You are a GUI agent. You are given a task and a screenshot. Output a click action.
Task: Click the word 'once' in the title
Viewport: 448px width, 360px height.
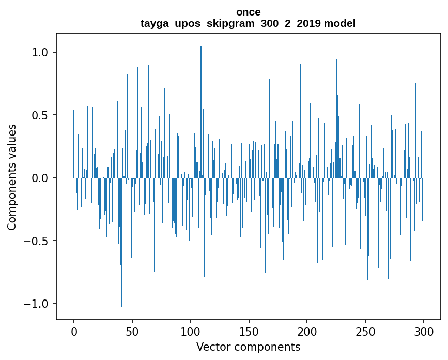[x=248, y=12]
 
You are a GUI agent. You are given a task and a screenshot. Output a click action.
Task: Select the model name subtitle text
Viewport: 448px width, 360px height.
[x=248, y=23]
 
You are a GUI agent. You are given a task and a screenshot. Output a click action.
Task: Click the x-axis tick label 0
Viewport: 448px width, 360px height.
[x=74, y=331]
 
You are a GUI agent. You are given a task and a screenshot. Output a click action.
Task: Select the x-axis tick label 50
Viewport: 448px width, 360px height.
[x=132, y=331]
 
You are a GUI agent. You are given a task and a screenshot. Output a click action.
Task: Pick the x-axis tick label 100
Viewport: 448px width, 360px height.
[x=191, y=331]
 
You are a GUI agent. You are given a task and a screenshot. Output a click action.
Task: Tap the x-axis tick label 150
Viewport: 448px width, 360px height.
[x=249, y=331]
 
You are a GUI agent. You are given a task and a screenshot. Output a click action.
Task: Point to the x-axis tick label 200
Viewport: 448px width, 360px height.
[x=307, y=331]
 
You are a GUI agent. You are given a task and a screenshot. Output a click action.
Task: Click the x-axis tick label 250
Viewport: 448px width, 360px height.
[x=365, y=331]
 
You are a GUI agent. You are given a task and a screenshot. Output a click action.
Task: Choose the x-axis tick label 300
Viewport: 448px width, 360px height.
[x=424, y=331]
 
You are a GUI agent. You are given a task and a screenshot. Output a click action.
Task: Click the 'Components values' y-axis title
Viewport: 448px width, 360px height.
[x=12, y=177]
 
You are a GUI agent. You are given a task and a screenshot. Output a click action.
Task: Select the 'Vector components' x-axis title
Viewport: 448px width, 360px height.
[x=248, y=347]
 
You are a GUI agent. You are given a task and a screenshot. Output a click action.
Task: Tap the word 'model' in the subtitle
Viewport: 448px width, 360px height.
[x=340, y=23]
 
